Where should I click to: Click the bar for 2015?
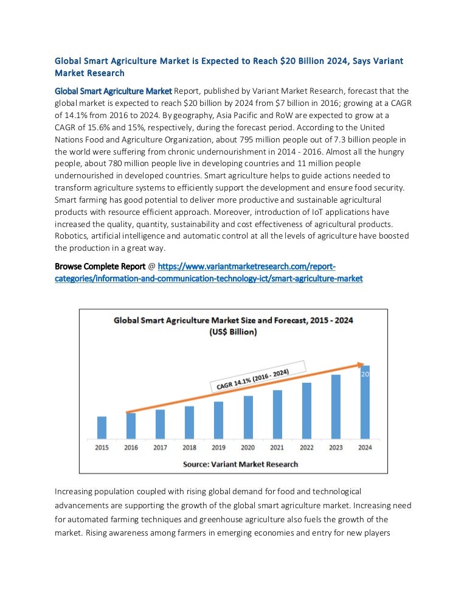tap(102, 427)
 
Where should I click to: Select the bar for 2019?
tap(218, 420)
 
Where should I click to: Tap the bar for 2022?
tap(306, 410)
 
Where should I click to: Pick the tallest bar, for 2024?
tap(365, 405)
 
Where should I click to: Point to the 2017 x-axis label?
tap(160, 447)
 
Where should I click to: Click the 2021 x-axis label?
tap(277, 447)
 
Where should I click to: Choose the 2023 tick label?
tap(336, 447)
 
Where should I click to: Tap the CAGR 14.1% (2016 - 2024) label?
tap(250, 379)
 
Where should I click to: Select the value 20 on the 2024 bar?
tap(365, 375)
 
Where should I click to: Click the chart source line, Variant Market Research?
tap(241, 464)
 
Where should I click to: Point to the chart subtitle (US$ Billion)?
tap(233, 332)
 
